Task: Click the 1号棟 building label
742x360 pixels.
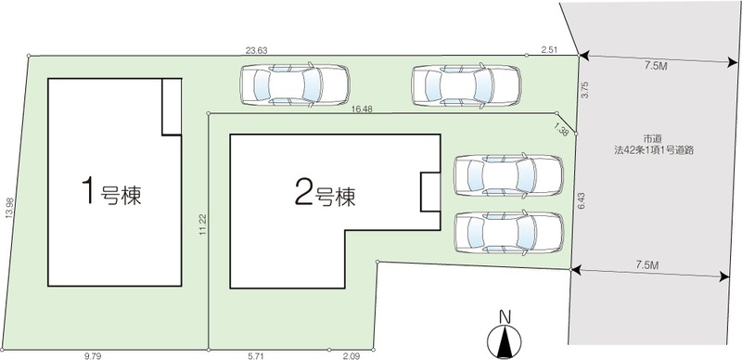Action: (x=111, y=191)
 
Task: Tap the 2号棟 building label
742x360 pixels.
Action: (x=326, y=192)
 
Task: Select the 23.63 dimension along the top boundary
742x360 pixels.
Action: (x=257, y=50)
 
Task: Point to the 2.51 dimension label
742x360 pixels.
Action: (x=549, y=49)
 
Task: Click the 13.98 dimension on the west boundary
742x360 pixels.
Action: (x=8, y=208)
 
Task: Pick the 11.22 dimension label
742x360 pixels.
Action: (x=202, y=225)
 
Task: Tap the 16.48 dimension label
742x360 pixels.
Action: (x=362, y=109)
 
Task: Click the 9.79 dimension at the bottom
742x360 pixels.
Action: (x=91, y=355)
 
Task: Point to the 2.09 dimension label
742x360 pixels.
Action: (x=352, y=355)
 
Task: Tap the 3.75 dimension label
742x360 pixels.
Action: (x=585, y=91)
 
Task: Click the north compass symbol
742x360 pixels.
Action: (x=505, y=335)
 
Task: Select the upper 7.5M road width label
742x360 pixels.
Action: (x=656, y=66)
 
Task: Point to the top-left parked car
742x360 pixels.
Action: (x=295, y=85)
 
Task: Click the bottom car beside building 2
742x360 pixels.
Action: (x=509, y=233)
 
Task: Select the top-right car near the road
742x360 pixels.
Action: (x=467, y=85)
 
